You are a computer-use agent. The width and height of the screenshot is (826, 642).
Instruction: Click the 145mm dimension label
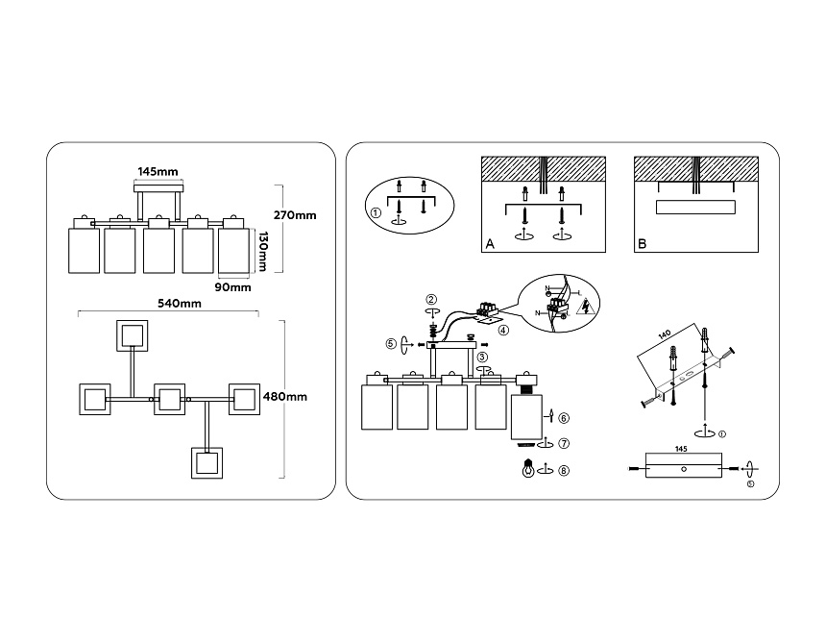158,171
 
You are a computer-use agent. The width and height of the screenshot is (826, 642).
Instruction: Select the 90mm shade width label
233,286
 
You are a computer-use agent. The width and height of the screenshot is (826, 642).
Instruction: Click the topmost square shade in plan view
132,335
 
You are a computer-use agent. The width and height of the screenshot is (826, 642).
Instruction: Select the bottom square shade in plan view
207,461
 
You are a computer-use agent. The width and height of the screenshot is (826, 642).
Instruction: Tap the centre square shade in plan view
169,398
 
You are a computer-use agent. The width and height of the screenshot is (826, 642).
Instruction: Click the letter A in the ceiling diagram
489,245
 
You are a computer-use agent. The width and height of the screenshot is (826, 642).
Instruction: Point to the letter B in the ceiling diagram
642,245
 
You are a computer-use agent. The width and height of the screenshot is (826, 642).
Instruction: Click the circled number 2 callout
432,299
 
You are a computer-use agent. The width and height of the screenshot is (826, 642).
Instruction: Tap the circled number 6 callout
564,417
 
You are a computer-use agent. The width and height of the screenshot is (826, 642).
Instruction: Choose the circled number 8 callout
564,470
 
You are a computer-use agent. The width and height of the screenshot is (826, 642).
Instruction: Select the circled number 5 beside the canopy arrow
391,343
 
